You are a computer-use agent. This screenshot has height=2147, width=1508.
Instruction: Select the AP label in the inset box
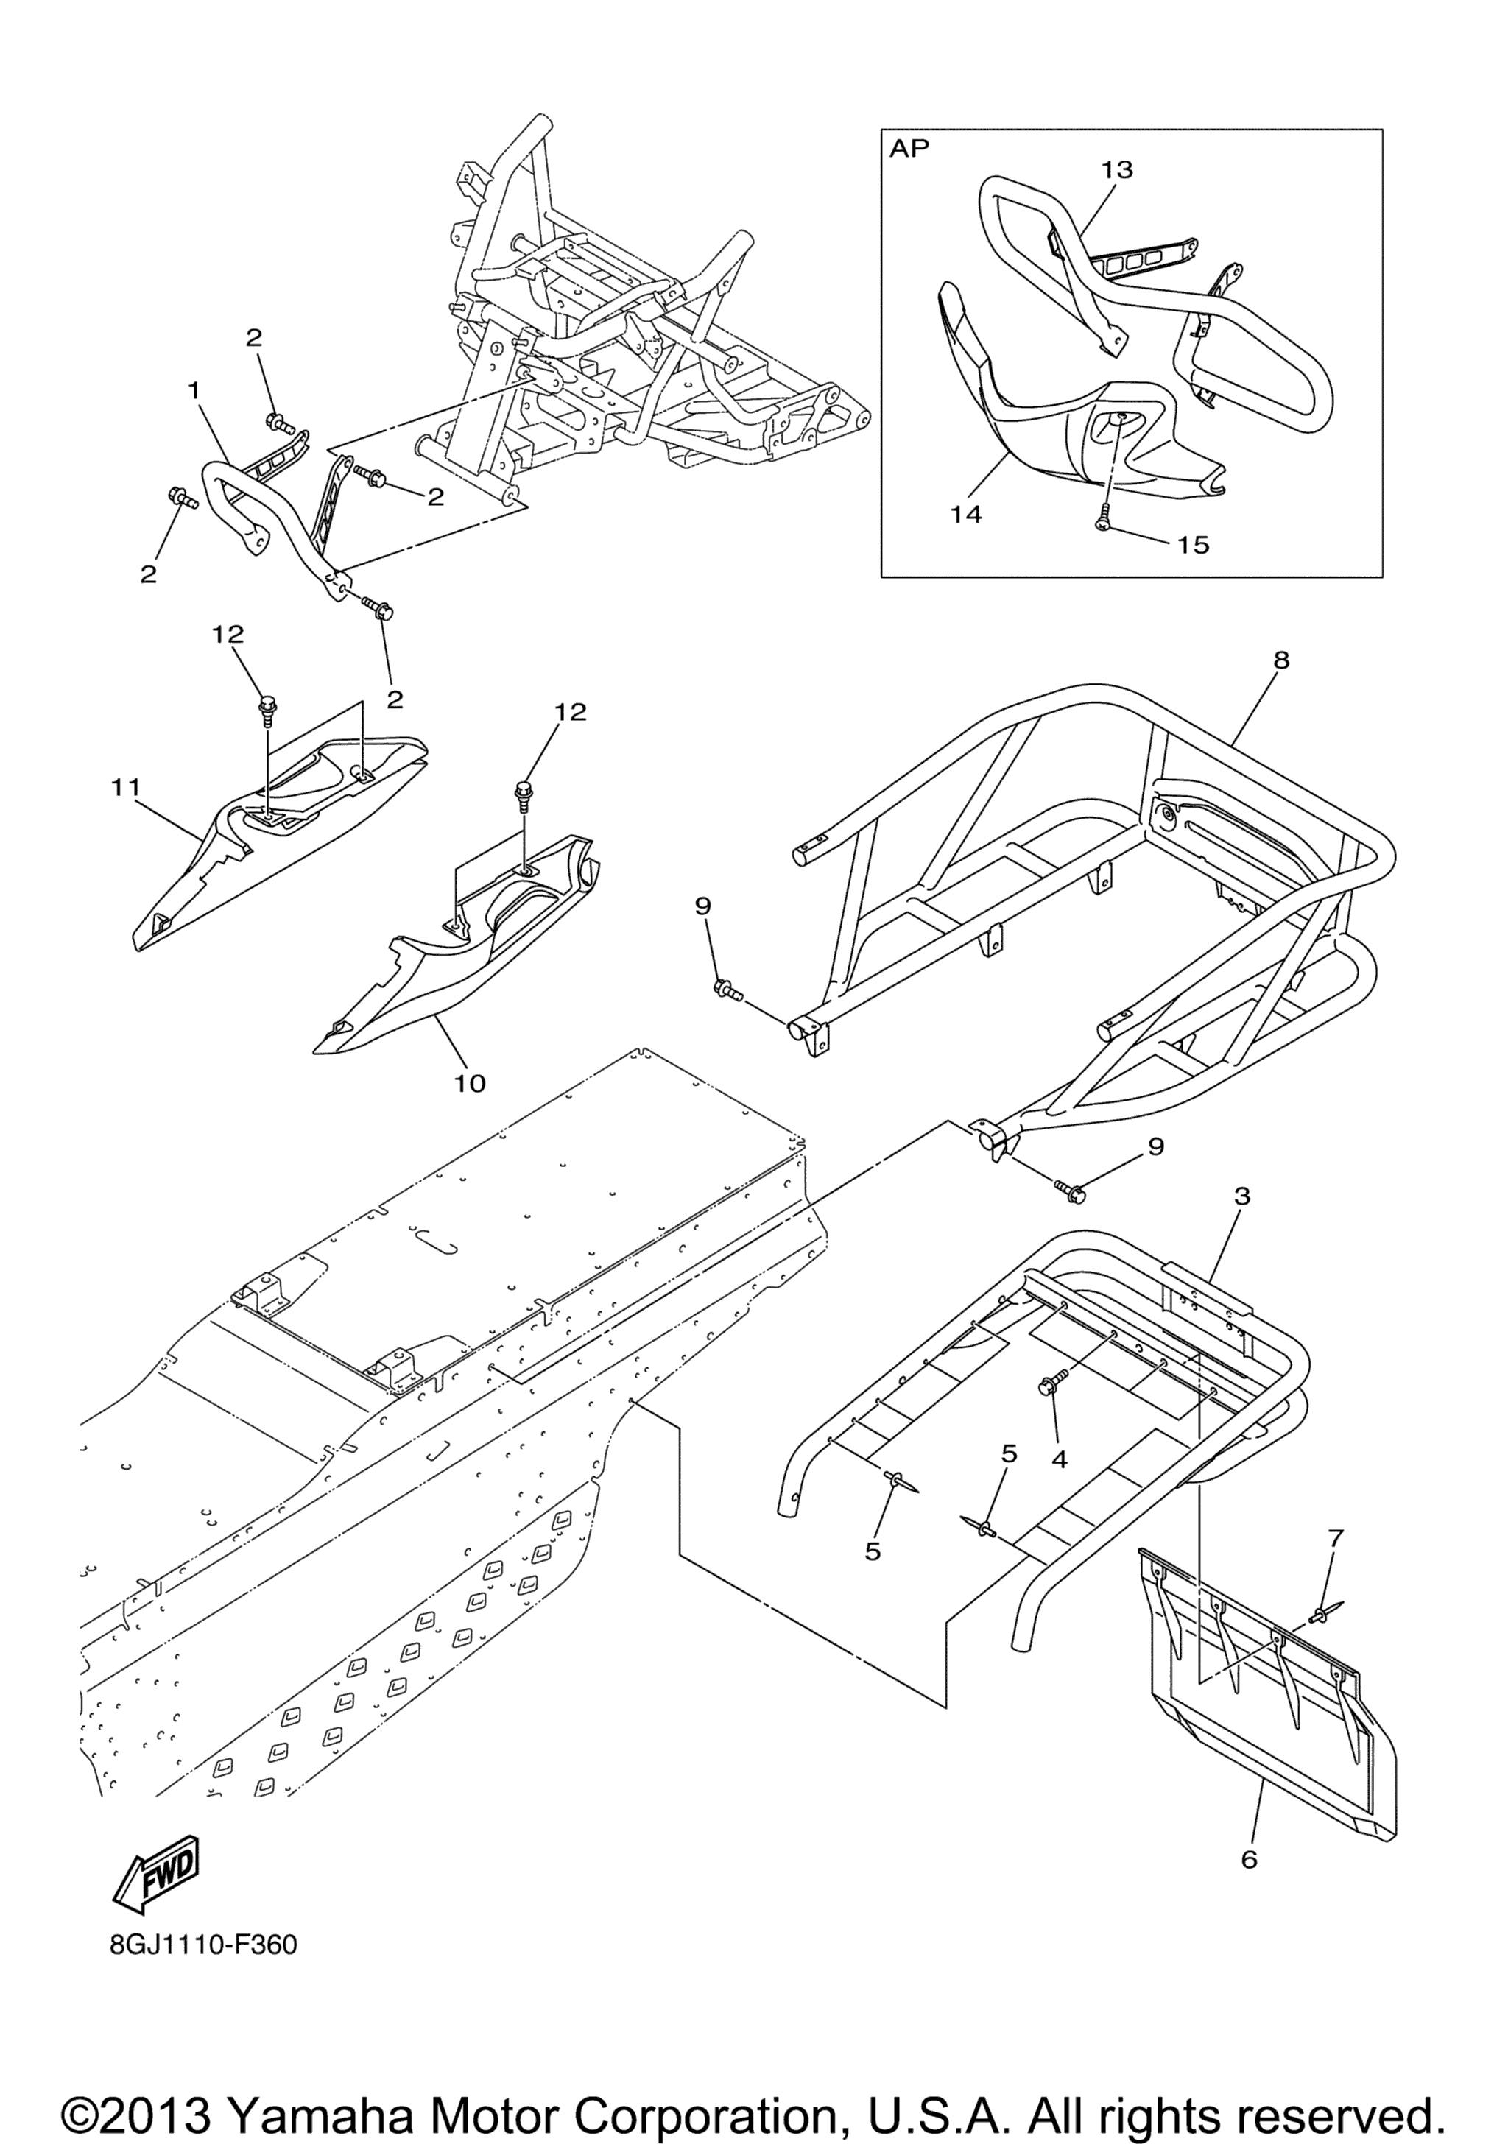pyautogui.click(x=909, y=149)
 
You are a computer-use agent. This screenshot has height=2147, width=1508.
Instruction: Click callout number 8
pyautogui.click(x=1280, y=659)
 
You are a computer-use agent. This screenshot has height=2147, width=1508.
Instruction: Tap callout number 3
pyautogui.click(x=1241, y=1196)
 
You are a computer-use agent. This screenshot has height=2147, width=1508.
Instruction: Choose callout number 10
pyautogui.click(x=471, y=1083)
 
